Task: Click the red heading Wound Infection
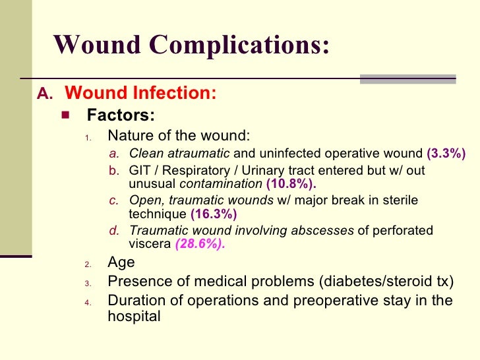coord(141,94)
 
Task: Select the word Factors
coord(121,116)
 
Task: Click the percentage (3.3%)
coord(446,154)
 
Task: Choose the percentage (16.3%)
coord(214,214)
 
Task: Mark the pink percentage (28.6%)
coord(200,244)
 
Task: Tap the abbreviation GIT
coord(140,171)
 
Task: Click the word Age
coord(121,262)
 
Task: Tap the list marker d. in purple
coord(114,231)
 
